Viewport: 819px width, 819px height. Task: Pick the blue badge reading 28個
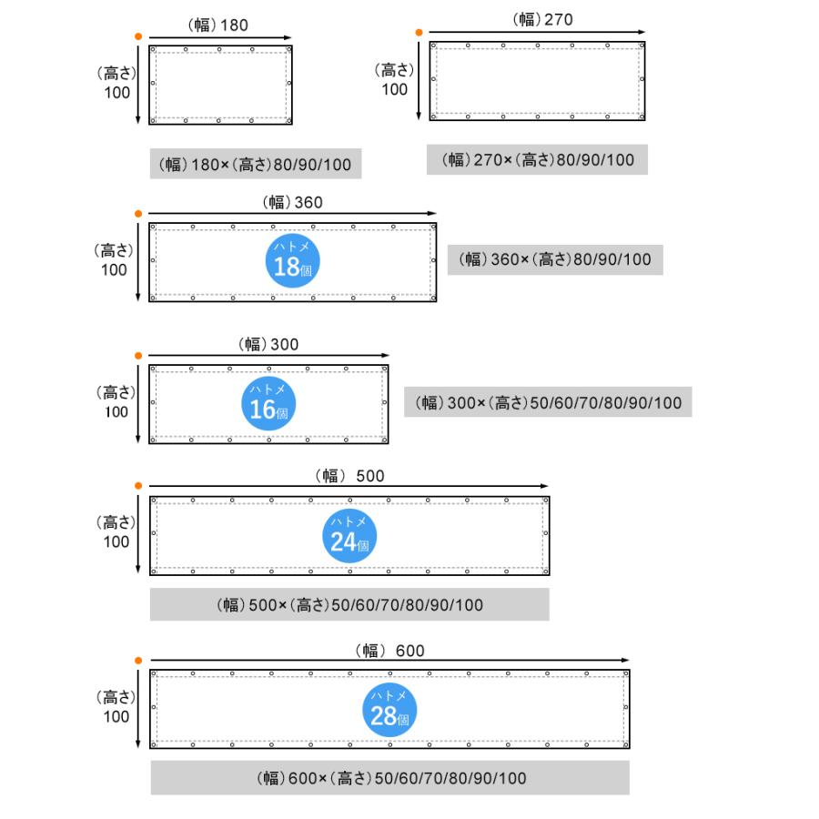(x=390, y=709)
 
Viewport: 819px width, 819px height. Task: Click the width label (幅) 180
(x=218, y=25)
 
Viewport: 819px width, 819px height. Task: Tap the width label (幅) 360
(x=292, y=202)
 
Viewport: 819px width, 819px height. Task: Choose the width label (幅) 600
(x=389, y=650)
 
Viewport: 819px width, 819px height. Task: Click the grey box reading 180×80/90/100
(x=255, y=165)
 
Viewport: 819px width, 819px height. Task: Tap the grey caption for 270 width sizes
(x=538, y=160)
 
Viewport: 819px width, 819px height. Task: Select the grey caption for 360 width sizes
(x=555, y=259)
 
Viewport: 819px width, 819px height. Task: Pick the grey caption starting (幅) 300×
(x=548, y=402)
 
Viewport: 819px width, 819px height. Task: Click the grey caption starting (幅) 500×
(x=349, y=605)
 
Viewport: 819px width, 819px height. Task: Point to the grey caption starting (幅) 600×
(x=389, y=778)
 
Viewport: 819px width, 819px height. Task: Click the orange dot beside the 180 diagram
(x=137, y=35)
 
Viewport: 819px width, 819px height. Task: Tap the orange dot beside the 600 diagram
(x=137, y=660)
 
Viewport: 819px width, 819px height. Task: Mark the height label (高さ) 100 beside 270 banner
(x=395, y=79)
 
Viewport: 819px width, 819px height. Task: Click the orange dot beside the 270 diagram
(x=418, y=32)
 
